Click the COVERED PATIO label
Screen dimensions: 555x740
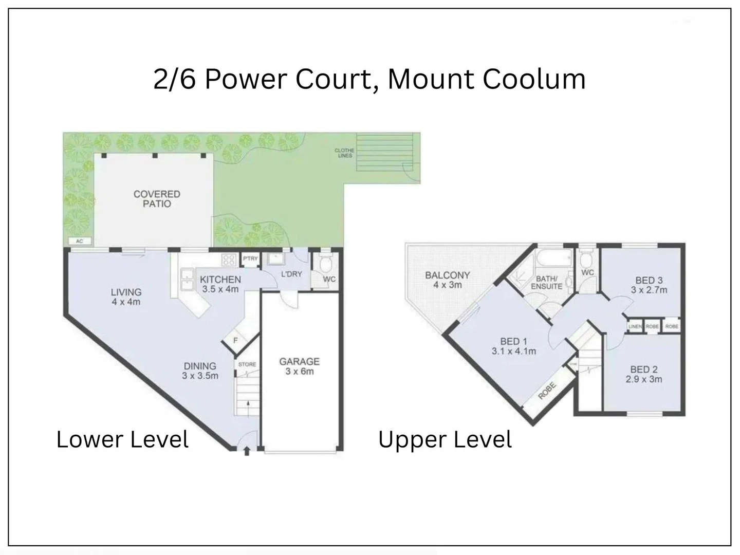click(157, 199)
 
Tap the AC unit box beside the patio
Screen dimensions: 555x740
click(79, 241)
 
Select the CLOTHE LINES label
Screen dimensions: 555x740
click(344, 153)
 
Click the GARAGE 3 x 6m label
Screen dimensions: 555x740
click(299, 366)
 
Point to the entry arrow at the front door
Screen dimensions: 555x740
click(247, 451)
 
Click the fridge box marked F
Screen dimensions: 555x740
click(235, 340)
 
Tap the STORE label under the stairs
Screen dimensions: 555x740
click(247, 364)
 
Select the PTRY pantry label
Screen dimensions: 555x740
click(250, 258)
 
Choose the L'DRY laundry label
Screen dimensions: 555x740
click(291, 274)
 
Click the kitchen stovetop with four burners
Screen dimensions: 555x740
click(228, 260)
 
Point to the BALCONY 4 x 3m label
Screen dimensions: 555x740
click(447, 280)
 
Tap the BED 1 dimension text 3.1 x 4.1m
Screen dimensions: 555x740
click(513, 351)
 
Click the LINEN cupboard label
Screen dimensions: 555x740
click(635, 326)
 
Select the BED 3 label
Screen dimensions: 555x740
click(649, 280)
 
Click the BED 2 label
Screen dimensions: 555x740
click(643, 369)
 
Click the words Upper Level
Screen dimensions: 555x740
click(445, 440)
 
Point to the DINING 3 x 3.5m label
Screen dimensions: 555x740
click(200, 371)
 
